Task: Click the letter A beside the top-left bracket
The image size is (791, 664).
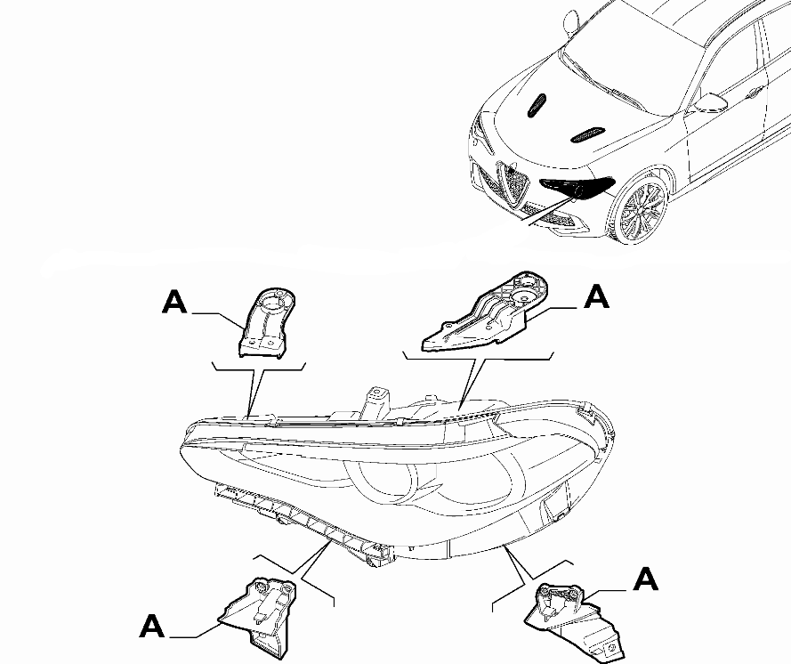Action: [175, 303]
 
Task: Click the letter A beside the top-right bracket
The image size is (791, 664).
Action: [597, 297]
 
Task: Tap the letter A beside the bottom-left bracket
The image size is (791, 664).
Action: [153, 627]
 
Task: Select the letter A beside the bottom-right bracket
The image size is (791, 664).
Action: [645, 580]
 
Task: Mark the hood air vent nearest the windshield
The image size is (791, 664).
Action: [537, 107]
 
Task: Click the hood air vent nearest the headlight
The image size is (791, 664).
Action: [587, 134]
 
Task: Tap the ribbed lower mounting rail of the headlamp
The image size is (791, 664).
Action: [303, 520]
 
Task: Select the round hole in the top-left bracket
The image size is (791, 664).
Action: [274, 300]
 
